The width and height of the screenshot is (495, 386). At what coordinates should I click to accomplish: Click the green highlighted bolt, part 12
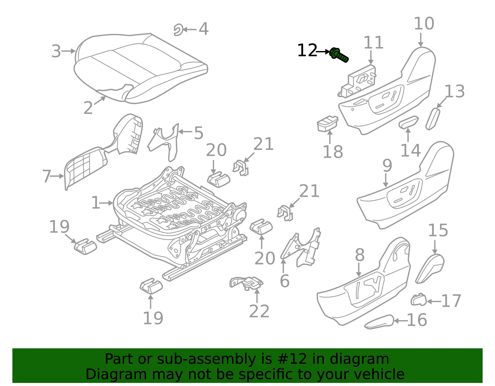pyautogui.click(x=339, y=55)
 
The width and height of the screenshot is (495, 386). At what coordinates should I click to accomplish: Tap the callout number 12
pyautogui.click(x=307, y=50)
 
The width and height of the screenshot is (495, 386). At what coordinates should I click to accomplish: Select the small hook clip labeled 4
pyautogui.click(x=179, y=30)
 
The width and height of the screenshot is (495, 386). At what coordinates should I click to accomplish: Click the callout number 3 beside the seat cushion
pyautogui.click(x=56, y=51)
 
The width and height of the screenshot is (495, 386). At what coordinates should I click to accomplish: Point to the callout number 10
pyautogui.click(x=424, y=23)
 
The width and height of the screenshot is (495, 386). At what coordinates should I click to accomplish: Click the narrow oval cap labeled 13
pyautogui.click(x=433, y=119)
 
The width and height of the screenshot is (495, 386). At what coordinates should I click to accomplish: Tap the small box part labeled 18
pyautogui.click(x=327, y=124)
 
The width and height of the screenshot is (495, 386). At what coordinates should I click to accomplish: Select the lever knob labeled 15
pyautogui.click(x=430, y=268)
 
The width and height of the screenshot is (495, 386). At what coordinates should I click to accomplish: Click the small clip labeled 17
pyautogui.click(x=419, y=299)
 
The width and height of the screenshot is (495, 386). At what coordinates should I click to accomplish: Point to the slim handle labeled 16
pyautogui.click(x=379, y=322)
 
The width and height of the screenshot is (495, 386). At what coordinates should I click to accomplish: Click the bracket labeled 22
pyautogui.click(x=247, y=283)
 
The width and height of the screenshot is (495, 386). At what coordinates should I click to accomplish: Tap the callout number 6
pyautogui.click(x=285, y=281)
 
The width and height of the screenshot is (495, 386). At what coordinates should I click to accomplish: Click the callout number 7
pyautogui.click(x=47, y=176)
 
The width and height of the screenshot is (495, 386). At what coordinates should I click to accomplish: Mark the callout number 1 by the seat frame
pyautogui.click(x=96, y=203)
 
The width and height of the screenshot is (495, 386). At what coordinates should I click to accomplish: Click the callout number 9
pyautogui.click(x=387, y=166)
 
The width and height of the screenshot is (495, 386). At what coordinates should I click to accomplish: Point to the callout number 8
pyautogui.click(x=360, y=255)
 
